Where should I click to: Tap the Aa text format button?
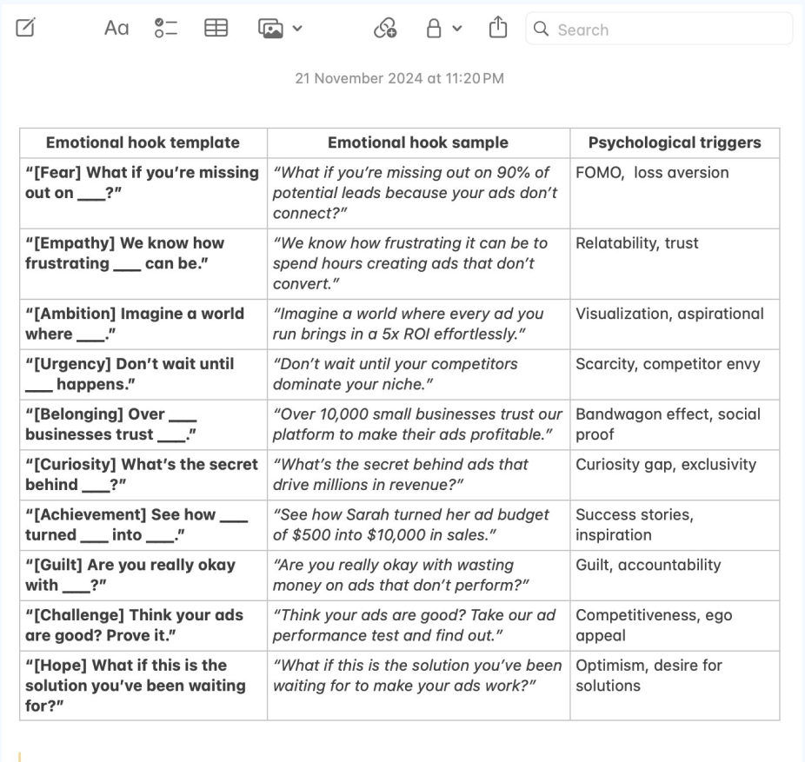[116, 29]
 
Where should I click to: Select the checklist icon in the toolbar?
[165, 29]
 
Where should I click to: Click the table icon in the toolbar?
[215, 29]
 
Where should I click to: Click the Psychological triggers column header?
[675, 142]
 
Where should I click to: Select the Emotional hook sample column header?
[418, 142]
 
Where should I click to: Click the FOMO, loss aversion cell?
[652, 172]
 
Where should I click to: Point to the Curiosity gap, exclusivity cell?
[666, 464]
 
